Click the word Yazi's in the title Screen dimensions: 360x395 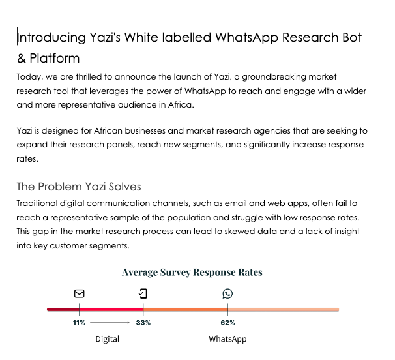click(x=109, y=38)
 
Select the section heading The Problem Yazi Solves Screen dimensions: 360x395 click(x=78, y=187)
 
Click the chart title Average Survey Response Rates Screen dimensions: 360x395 click(x=192, y=272)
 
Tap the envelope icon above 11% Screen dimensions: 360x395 click(x=79, y=294)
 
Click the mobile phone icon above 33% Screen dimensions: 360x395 click(x=143, y=294)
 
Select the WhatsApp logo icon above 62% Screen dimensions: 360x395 click(x=227, y=294)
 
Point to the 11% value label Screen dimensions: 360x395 click(x=79, y=323)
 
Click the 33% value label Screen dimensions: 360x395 click(x=143, y=323)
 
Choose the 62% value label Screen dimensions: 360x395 click(x=227, y=323)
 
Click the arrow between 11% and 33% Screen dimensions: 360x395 click(x=110, y=323)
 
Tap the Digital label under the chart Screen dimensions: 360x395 click(x=108, y=339)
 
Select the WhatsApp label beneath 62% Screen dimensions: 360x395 click(x=227, y=339)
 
